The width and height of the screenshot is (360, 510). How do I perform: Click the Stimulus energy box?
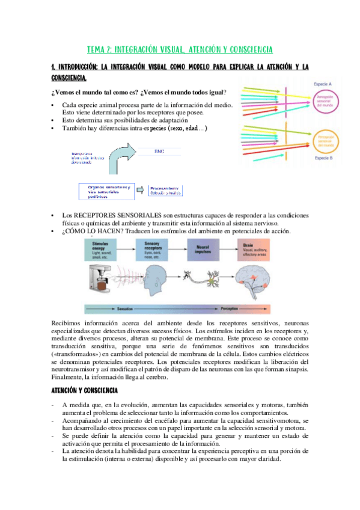[x=108, y=247]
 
